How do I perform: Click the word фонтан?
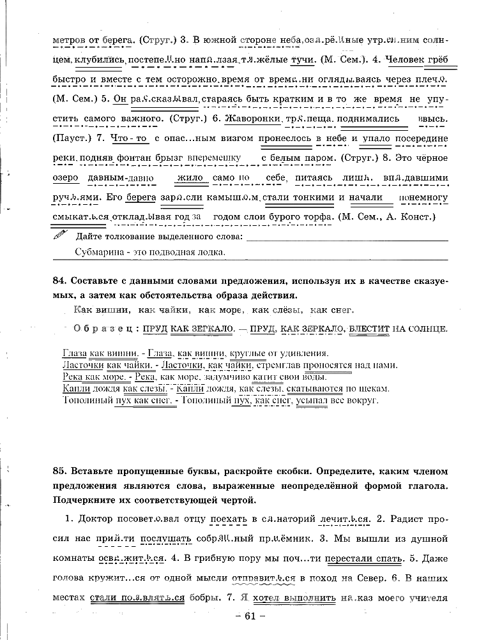(134, 158)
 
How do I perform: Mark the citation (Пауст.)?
(73, 138)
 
